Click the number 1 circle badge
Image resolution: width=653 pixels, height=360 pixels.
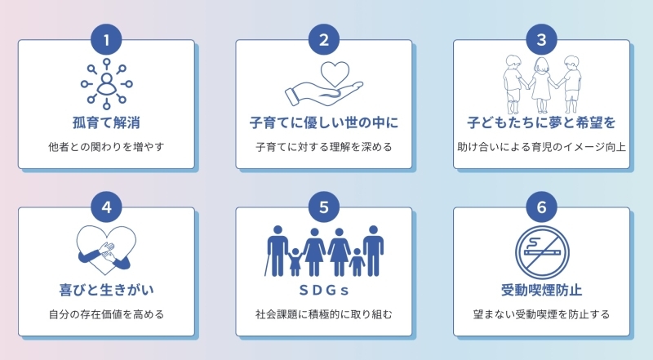point(106,39)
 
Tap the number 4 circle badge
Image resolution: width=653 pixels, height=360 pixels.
point(106,207)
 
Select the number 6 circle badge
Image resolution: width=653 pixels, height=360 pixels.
point(541,207)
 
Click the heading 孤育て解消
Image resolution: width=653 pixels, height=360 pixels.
point(106,123)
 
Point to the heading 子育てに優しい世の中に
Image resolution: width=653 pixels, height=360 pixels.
point(324,123)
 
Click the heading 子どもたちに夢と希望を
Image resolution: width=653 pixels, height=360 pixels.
point(541,123)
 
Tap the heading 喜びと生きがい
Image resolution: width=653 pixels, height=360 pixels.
point(106,290)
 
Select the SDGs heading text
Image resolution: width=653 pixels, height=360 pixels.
point(324,290)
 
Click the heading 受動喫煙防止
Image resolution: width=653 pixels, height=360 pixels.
point(541,290)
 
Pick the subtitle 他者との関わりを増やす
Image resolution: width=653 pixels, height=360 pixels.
point(106,147)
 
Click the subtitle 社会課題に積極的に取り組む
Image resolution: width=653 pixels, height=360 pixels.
point(324,314)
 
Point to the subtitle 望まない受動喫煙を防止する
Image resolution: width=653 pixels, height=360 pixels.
point(541,314)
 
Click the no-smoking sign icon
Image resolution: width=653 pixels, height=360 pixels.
point(542,252)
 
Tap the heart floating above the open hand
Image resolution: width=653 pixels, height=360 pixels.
point(335,74)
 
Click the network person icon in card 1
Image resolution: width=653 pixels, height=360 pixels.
point(107,84)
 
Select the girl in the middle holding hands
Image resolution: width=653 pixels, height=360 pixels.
point(541,85)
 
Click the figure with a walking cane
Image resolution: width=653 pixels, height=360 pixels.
point(277,251)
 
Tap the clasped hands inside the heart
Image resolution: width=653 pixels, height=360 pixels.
point(107,251)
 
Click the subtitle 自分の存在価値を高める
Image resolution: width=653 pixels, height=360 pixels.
point(106,314)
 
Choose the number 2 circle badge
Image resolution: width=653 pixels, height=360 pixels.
point(324,39)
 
